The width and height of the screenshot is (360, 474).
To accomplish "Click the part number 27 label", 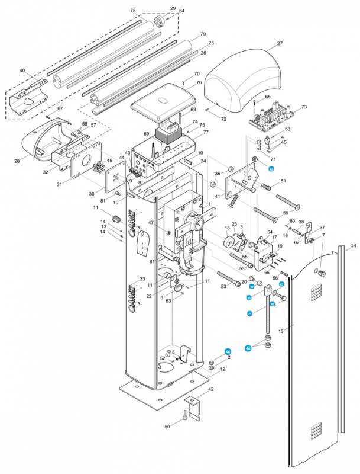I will pyautogui.click(x=280, y=43).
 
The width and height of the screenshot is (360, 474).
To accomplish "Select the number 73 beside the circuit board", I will pyautogui.click(x=304, y=107).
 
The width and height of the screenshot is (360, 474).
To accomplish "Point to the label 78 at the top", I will pyautogui.click(x=132, y=11).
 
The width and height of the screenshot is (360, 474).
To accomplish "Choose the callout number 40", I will pyautogui.click(x=22, y=71).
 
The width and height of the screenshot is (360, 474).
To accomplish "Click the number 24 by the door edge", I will pyautogui.click(x=353, y=245).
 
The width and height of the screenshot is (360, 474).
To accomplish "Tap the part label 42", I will pyautogui.click(x=210, y=389).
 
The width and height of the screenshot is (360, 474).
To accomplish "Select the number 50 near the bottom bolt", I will pyautogui.click(x=167, y=427).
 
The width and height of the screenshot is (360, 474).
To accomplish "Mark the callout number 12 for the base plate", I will pyautogui.click(x=222, y=369).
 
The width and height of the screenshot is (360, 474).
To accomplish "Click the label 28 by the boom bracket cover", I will pyautogui.click(x=17, y=161).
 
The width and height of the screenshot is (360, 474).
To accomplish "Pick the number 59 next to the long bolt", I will pyautogui.click(x=284, y=213).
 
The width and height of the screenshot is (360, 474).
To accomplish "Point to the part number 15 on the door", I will pyautogui.click(x=282, y=330).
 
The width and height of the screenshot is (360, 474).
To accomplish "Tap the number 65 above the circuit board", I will pyautogui.click(x=268, y=97).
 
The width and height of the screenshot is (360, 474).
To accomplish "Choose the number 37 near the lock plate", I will pyautogui.click(x=322, y=228).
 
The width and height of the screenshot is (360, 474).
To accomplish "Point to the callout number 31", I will pyautogui.click(x=59, y=185).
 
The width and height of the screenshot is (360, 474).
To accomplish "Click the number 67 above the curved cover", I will pyautogui.click(x=60, y=109).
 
